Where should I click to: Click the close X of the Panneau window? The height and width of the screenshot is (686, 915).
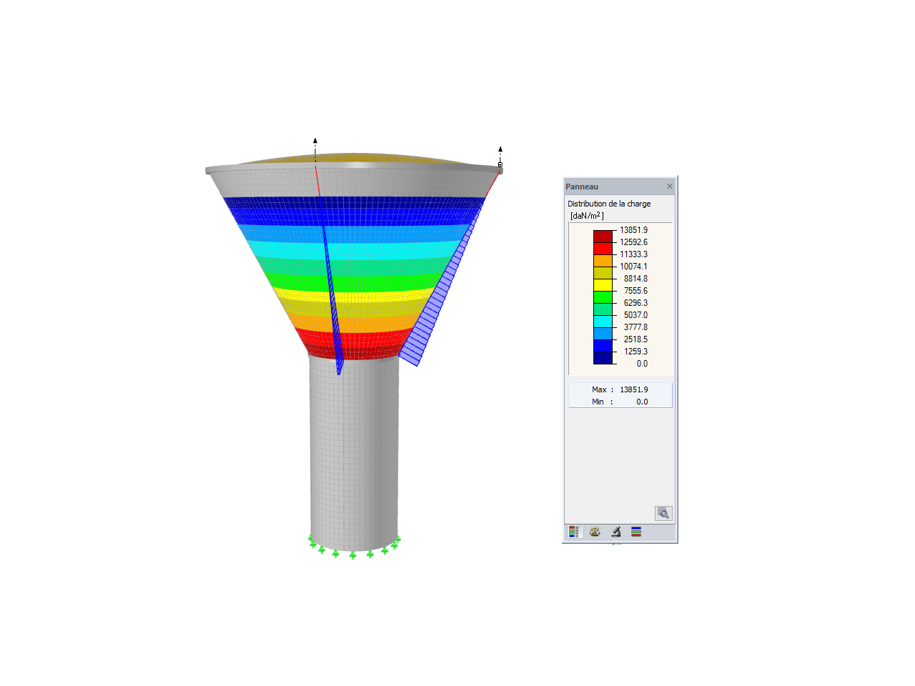[670, 187]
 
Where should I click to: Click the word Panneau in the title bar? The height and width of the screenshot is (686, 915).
[581, 187]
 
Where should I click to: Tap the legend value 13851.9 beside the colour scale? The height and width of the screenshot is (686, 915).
[633, 230]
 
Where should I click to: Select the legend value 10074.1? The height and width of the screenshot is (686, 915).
[633, 266]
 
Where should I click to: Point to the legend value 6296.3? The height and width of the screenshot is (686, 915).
[635, 303]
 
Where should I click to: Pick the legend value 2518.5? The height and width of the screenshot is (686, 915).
[635, 339]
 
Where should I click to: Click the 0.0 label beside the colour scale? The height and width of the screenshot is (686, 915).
[642, 364]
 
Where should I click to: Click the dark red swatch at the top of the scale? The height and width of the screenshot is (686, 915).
[603, 237]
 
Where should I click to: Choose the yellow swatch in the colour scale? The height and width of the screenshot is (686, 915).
[603, 285]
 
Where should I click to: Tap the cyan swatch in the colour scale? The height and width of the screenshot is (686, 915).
[603, 322]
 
